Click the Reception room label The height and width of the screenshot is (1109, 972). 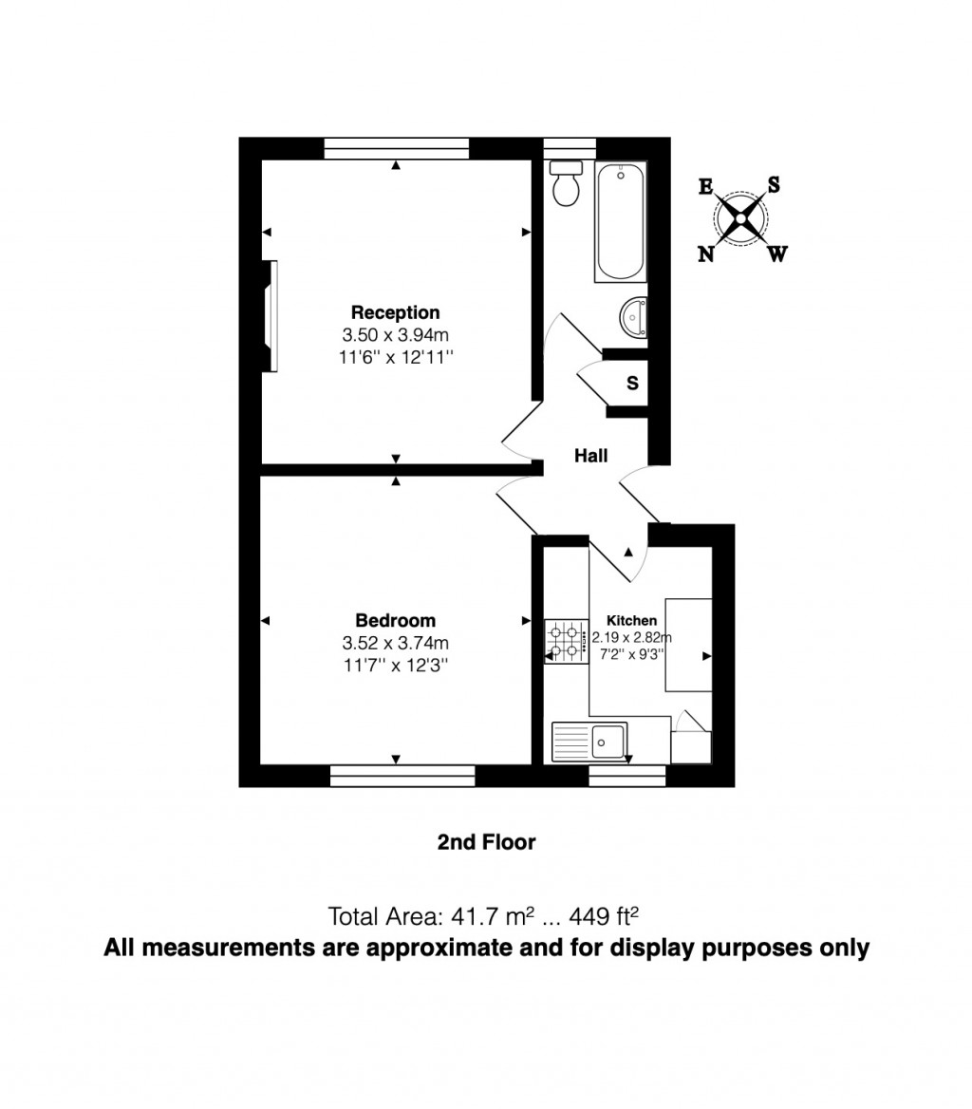(x=395, y=312)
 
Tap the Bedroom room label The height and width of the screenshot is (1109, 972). (x=395, y=620)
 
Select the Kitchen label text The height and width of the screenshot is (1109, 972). (x=631, y=620)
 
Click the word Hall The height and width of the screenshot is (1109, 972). (x=590, y=457)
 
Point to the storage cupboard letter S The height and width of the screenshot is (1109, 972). (x=631, y=384)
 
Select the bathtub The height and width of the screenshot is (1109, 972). (x=621, y=221)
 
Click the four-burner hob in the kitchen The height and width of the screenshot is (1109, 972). (x=566, y=640)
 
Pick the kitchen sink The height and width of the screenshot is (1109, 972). (x=589, y=741)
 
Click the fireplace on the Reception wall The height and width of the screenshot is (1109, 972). (x=271, y=316)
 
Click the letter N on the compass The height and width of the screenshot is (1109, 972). (x=706, y=254)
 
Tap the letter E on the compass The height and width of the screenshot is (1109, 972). (x=705, y=187)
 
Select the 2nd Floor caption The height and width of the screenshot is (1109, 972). (x=486, y=842)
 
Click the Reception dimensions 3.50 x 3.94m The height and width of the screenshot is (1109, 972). (x=395, y=335)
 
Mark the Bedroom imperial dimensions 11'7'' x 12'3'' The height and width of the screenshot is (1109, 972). (x=395, y=666)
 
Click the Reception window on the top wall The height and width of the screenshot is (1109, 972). (x=397, y=148)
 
